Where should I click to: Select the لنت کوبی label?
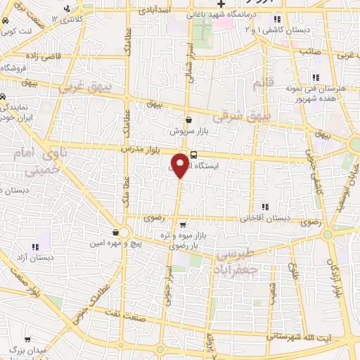point(16,31)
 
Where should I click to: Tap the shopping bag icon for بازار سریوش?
point(188,120)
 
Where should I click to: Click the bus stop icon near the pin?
point(193,156)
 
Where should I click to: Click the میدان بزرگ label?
point(28,349)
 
